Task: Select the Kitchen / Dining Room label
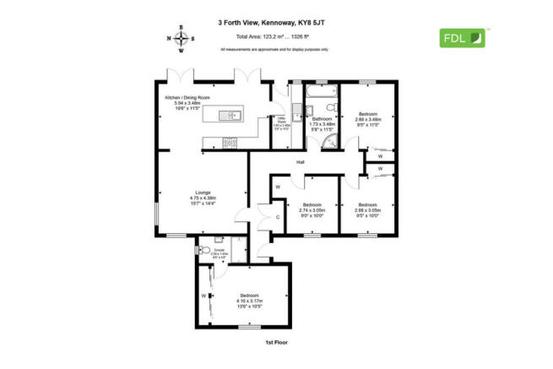(182, 99)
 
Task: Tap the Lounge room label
(203, 193)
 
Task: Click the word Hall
(300, 163)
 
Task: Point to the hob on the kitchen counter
(226, 140)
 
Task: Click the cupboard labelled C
(278, 217)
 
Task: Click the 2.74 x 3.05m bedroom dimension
(313, 209)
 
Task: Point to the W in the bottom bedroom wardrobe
(203, 296)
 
